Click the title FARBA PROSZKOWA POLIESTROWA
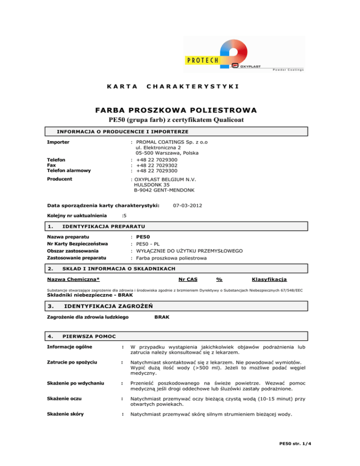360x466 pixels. [180, 110]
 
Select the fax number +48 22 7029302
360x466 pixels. [157, 165]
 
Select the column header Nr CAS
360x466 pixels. [188, 280]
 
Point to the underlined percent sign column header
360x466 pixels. [219, 280]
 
